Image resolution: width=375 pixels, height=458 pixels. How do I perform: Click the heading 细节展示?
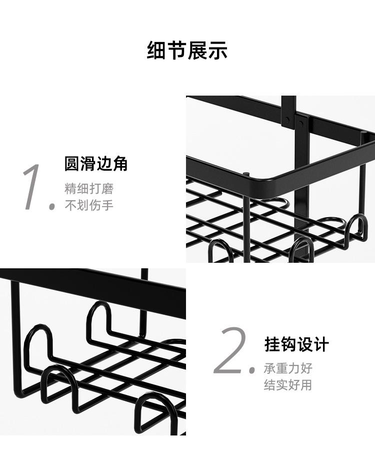[187, 51]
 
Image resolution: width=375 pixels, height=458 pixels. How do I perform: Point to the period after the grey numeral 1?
[51, 206]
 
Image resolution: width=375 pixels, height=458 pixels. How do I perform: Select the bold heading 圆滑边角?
[96, 164]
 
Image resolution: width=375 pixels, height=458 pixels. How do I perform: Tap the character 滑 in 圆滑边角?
[88, 164]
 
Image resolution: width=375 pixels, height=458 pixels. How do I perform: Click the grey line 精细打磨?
[89, 189]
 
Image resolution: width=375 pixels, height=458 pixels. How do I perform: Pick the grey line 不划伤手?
[89, 205]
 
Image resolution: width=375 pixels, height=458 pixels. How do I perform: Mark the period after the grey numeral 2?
[252, 371]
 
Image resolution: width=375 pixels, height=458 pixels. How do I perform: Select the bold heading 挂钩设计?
[296, 345]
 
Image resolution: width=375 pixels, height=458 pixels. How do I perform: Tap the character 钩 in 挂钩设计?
[288, 345]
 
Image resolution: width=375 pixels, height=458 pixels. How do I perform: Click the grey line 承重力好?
[288, 368]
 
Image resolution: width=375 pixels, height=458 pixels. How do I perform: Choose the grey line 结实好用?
[288, 385]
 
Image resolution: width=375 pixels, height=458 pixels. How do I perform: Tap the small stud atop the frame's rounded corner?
[246, 173]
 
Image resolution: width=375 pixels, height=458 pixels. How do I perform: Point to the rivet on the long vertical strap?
[287, 120]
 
